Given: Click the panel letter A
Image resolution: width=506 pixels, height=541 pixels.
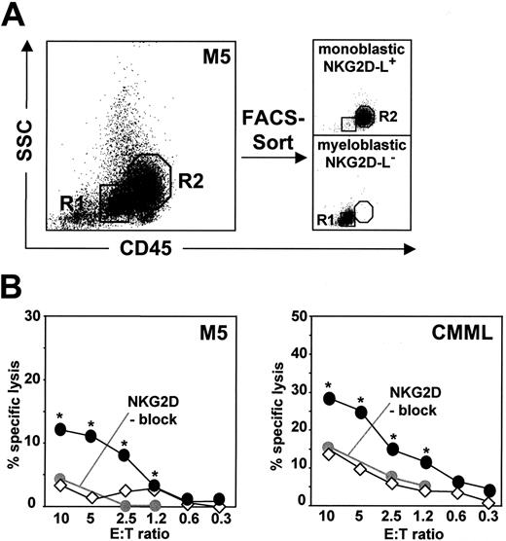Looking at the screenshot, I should click(x=18, y=18).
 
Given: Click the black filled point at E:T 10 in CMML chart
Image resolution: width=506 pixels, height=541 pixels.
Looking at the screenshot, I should click(x=329, y=398).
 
